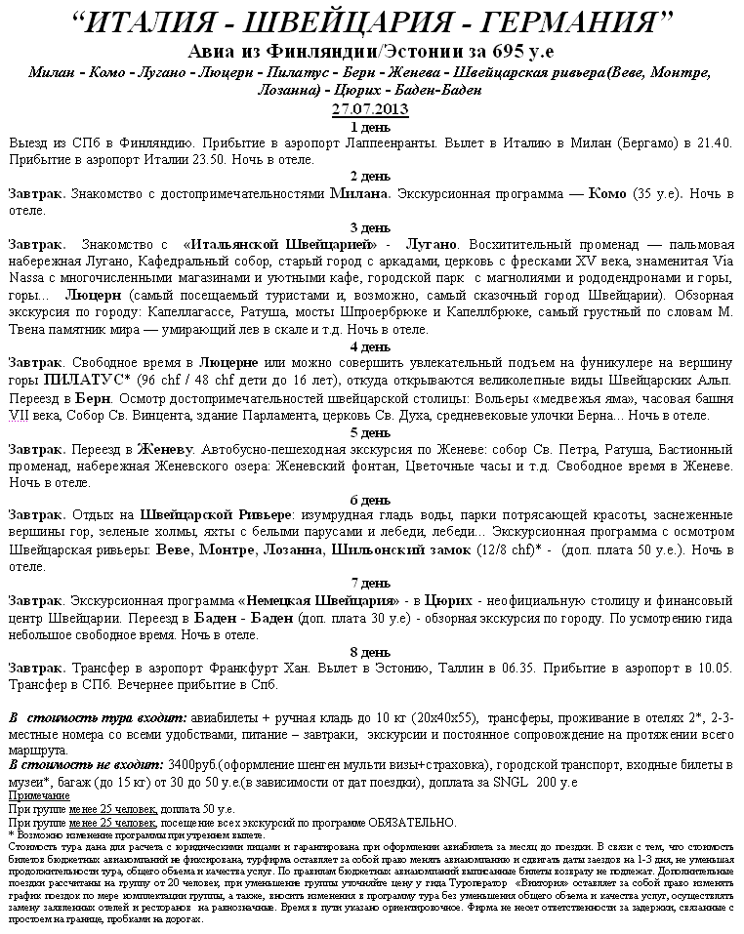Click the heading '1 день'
[x=370, y=127]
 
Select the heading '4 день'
[x=370, y=346]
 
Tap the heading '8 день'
[x=370, y=652]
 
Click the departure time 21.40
[x=715, y=142]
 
